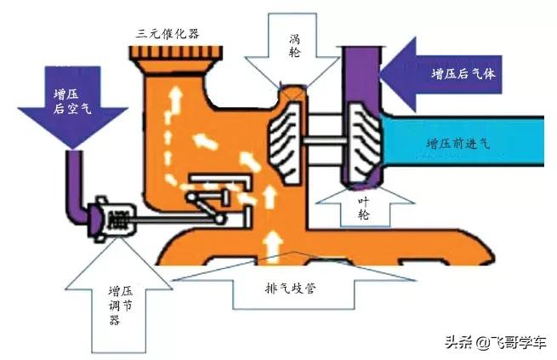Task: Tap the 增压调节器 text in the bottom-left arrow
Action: [112, 302]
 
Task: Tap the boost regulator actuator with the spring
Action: [108, 220]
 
